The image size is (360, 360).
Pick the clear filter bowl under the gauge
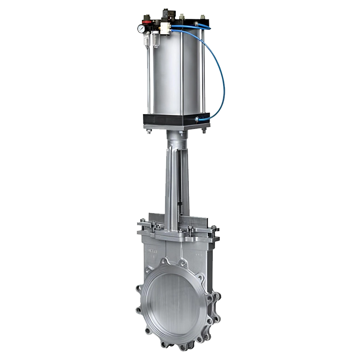(x=147, y=41)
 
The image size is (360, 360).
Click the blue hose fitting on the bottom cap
(x=198, y=119)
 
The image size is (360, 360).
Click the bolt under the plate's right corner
(x=204, y=131)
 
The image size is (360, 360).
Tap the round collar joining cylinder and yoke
(x=175, y=136)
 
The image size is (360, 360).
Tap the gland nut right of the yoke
(x=189, y=228)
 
